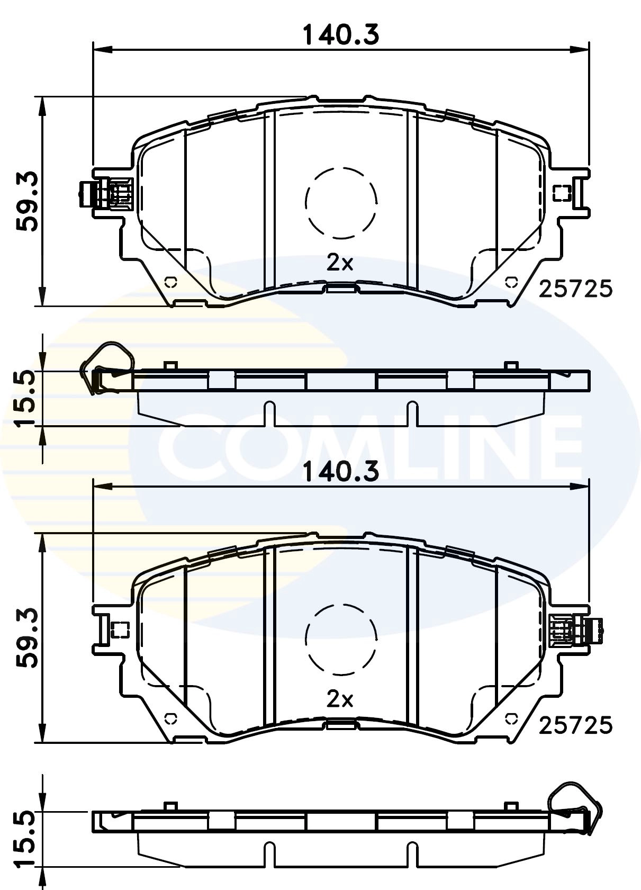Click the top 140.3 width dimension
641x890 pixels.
pos(340,35)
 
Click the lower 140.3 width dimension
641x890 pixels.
pos(340,471)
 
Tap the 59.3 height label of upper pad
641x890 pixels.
pos(26,201)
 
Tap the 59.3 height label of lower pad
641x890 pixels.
pos(26,637)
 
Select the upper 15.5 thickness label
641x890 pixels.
pos(25,398)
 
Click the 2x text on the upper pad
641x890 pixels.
pos(340,263)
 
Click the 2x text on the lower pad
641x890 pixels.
pos(340,699)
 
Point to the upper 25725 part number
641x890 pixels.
pos(575,289)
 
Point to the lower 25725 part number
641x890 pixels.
pos(575,725)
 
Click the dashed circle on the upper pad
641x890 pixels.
pos(341,202)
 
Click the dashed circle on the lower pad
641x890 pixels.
pos(341,640)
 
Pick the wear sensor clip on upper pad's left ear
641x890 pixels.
pos(106,194)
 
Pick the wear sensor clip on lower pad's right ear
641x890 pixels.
pos(576,631)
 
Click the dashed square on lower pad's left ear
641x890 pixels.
pos(121,630)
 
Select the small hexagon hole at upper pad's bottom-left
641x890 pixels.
pos(170,282)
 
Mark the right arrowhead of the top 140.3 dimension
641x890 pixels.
pos(580,50)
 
